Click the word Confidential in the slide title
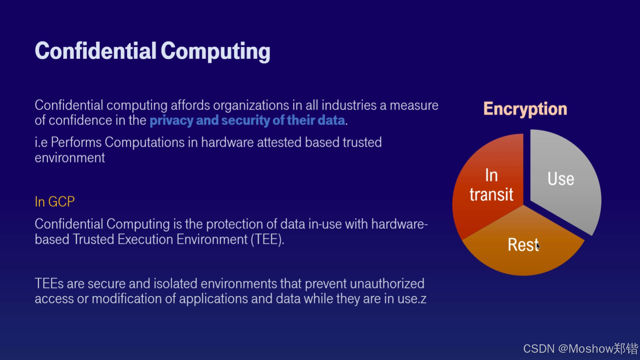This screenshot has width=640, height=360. tap(95, 51)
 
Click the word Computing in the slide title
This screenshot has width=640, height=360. tap(215, 52)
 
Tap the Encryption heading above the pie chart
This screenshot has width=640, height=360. tap(525, 109)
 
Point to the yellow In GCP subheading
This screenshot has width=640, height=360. tap(55, 202)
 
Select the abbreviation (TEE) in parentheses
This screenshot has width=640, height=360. tap(267, 240)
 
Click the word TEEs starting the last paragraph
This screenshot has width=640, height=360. tap(49, 283)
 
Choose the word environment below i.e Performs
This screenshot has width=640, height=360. tap(70, 158)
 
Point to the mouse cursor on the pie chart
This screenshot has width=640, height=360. tap(538, 246)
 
